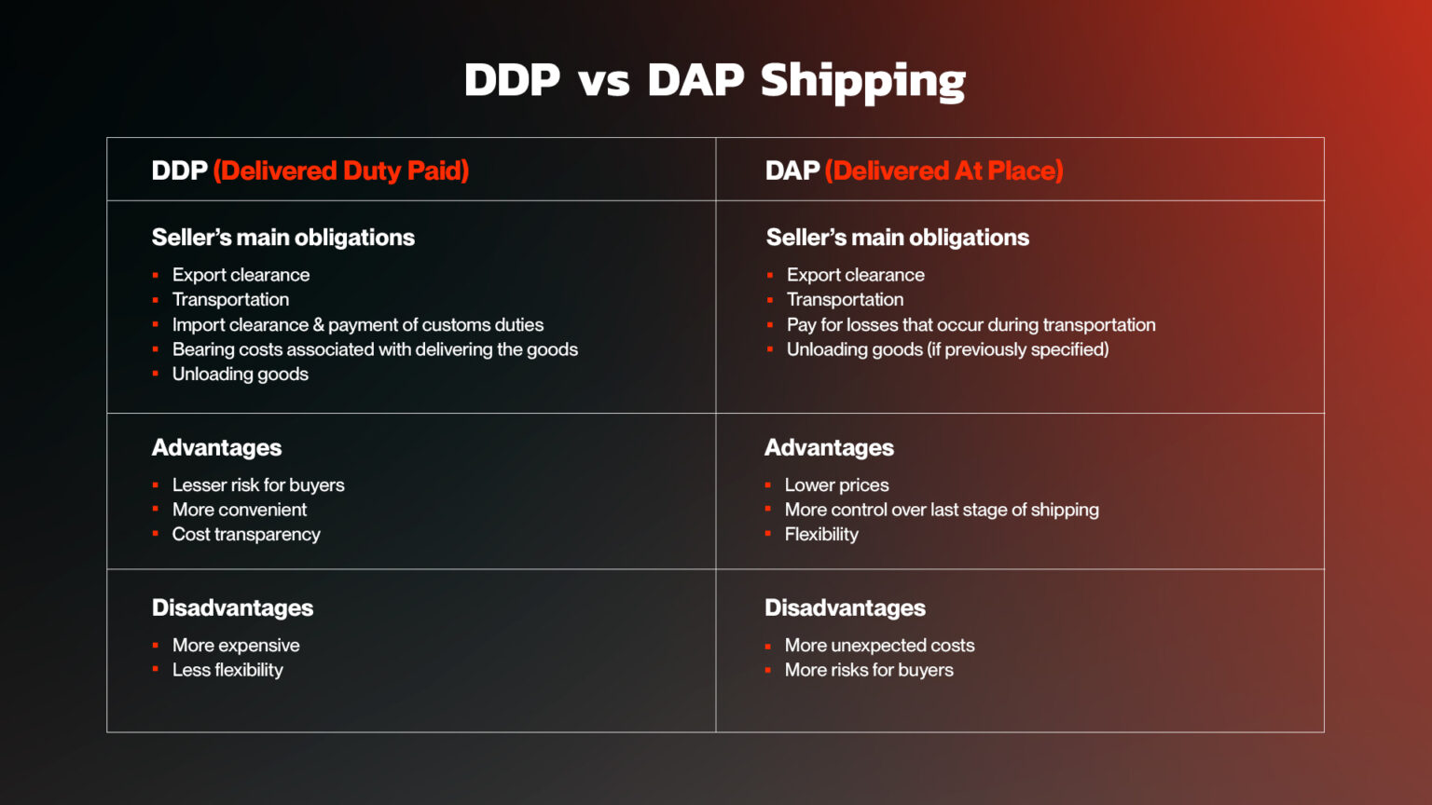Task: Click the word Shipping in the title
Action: (862, 81)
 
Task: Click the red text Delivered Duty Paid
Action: (340, 171)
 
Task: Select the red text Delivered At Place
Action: (943, 171)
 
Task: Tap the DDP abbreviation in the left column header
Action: (179, 171)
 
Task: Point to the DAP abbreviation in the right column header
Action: (792, 171)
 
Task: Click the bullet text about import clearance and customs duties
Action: (357, 324)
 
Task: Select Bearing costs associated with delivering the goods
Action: (375, 349)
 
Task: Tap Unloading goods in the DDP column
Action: (240, 374)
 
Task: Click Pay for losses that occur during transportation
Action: (971, 324)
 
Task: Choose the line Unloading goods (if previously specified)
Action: (947, 349)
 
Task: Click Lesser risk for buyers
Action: (258, 484)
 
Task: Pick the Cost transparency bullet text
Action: (246, 534)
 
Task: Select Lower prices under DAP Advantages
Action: (836, 484)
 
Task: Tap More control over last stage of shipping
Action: (942, 510)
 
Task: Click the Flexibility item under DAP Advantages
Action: (821, 534)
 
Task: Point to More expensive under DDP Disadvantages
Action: (236, 645)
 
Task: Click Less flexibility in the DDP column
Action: (227, 670)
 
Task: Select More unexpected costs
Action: (879, 645)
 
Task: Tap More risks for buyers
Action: (869, 670)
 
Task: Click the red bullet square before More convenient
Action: (156, 510)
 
